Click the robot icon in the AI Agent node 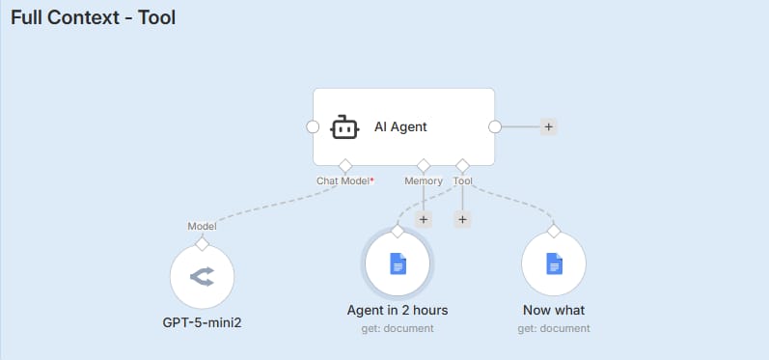pos(344,126)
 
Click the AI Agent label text pos(400,126)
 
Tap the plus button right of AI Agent pos(548,126)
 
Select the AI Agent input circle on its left pos(312,126)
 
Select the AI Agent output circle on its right pos(495,126)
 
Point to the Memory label pos(424,180)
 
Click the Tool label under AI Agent pos(462,180)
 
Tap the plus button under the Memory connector pos(424,219)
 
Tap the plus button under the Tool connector pos(462,219)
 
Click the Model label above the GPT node pos(202,226)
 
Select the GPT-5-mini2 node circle pos(202,277)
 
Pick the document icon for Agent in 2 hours pos(398,263)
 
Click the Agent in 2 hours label pos(398,311)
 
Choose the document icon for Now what pos(553,263)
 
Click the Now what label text pos(553,311)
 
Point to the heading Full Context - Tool pos(93,17)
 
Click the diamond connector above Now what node pos(553,231)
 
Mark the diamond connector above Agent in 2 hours pos(398,231)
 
